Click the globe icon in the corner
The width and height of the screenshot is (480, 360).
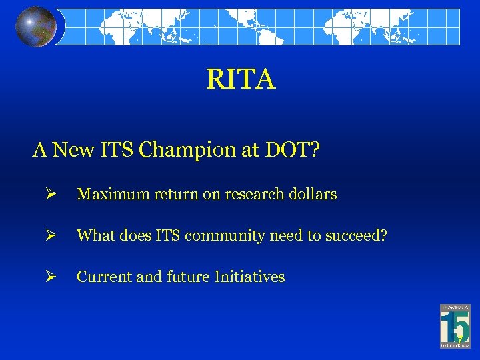pos(36,27)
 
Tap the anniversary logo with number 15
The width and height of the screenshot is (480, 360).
pos(455,326)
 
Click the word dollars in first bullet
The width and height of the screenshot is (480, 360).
pos(313,195)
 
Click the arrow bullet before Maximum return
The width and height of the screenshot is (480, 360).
pos(51,195)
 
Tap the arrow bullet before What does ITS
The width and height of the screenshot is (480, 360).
pos(51,235)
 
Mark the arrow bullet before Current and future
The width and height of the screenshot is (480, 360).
pos(51,277)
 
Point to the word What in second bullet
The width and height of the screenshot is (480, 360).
pos(95,235)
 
